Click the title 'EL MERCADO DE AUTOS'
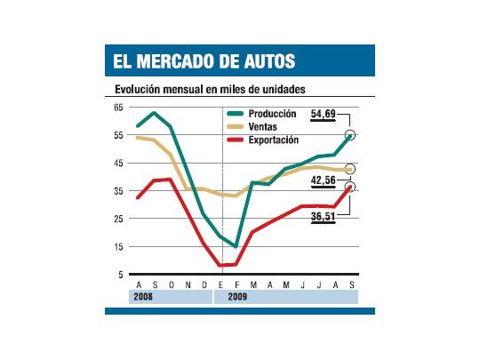204,60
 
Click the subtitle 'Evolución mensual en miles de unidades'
217,90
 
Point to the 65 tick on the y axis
119,107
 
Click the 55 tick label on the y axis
119,135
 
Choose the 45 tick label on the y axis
119,163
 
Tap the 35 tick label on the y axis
119,191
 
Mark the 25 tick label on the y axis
119,219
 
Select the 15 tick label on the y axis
119,247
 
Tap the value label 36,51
323,214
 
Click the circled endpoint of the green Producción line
350,135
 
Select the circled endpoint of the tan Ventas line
350,169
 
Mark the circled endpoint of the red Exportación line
350,187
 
